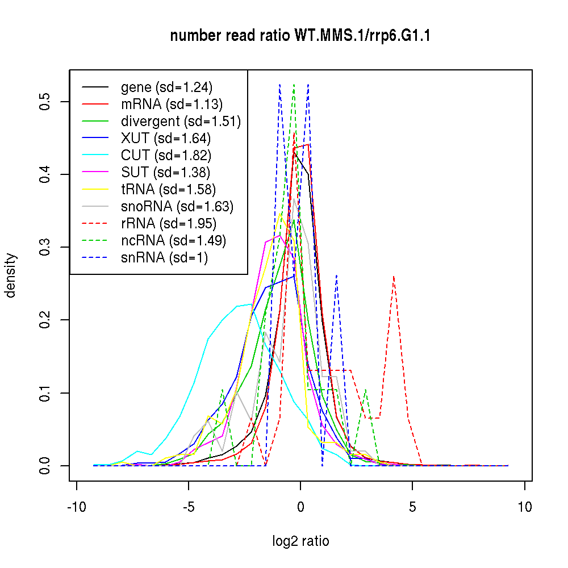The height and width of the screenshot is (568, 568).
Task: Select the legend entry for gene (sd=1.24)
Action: coord(166,87)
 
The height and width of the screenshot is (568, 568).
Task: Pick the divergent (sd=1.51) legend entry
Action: coord(181,122)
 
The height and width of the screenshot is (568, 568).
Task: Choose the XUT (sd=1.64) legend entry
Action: coord(165,139)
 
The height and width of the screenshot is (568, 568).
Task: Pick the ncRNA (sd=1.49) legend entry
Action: coord(173,241)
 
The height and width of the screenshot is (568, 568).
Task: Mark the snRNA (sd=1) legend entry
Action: coord(164,258)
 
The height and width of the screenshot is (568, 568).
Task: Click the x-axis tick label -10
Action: coord(77,507)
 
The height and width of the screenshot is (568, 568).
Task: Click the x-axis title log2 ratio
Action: coord(300,541)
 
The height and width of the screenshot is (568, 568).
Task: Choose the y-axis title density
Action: coord(11,275)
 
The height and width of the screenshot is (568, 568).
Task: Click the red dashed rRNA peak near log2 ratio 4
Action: coord(394,277)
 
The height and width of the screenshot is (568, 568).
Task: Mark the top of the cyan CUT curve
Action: coord(250,304)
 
